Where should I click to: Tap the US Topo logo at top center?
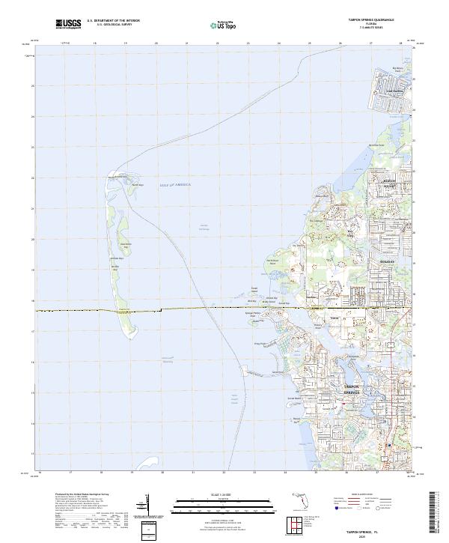pos(215,25)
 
